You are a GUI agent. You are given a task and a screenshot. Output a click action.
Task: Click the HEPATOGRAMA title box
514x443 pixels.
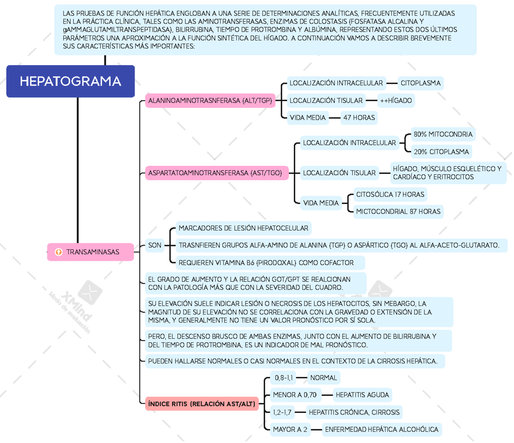[71, 81]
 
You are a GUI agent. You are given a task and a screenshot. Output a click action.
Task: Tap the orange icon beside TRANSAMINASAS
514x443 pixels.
[59, 252]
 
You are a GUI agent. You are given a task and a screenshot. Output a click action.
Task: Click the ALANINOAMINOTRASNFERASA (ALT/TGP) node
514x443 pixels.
[210, 101]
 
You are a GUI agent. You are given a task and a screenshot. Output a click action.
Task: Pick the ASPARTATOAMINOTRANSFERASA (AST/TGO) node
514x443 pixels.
[215, 173]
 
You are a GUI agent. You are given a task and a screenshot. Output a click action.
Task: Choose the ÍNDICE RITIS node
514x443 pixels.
[201, 404]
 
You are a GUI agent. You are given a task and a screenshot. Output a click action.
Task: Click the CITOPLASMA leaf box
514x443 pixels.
[420, 83]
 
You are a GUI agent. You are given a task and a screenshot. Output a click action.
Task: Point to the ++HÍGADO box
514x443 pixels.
[395, 101]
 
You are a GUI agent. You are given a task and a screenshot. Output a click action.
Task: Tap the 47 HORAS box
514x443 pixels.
[359, 117]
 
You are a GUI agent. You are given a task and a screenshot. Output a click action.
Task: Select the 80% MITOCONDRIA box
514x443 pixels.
[442, 135]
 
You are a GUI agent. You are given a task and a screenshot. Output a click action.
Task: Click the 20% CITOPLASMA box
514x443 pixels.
[441, 152]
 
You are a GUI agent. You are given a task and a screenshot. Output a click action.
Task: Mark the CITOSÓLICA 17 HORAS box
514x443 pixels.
[390, 195]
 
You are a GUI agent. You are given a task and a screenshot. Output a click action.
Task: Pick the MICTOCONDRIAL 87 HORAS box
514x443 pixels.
[398, 211]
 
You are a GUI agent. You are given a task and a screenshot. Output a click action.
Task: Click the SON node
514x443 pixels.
[155, 245]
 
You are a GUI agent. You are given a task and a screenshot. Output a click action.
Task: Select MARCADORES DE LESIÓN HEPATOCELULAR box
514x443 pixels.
[243, 228]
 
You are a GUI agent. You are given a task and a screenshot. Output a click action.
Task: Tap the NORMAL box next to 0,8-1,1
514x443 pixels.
[323, 377]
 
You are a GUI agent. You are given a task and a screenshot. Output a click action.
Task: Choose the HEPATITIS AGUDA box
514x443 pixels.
[362, 395]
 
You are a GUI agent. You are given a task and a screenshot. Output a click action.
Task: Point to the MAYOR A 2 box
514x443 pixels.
[290, 429]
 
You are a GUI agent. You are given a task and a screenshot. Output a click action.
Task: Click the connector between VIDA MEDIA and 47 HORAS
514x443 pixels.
[335, 117]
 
